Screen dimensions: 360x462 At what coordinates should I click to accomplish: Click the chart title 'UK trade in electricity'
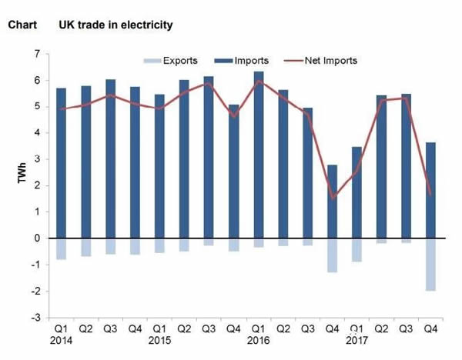pyautogui.click(x=115, y=25)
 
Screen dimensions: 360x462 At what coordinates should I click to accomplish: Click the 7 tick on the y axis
pyautogui.click(x=37, y=55)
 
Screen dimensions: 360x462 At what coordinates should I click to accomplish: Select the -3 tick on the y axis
pyautogui.click(x=35, y=317)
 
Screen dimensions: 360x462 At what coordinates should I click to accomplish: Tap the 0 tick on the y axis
pyautogui.click(x=37, y=238)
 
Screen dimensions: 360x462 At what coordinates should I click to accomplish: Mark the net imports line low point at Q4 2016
pyautogui.click(x=332, y=198)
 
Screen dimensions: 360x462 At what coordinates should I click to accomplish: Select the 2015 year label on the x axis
pyautogui.click(x=159, y=339)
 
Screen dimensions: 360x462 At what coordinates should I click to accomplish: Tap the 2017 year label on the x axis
pyautogui.click(x=356, y=339)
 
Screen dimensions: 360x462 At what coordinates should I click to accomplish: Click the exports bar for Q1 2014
pyautogui.click(x=61, y=249)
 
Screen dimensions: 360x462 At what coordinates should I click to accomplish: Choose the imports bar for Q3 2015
pyautogui.click(x=209, y=157)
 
